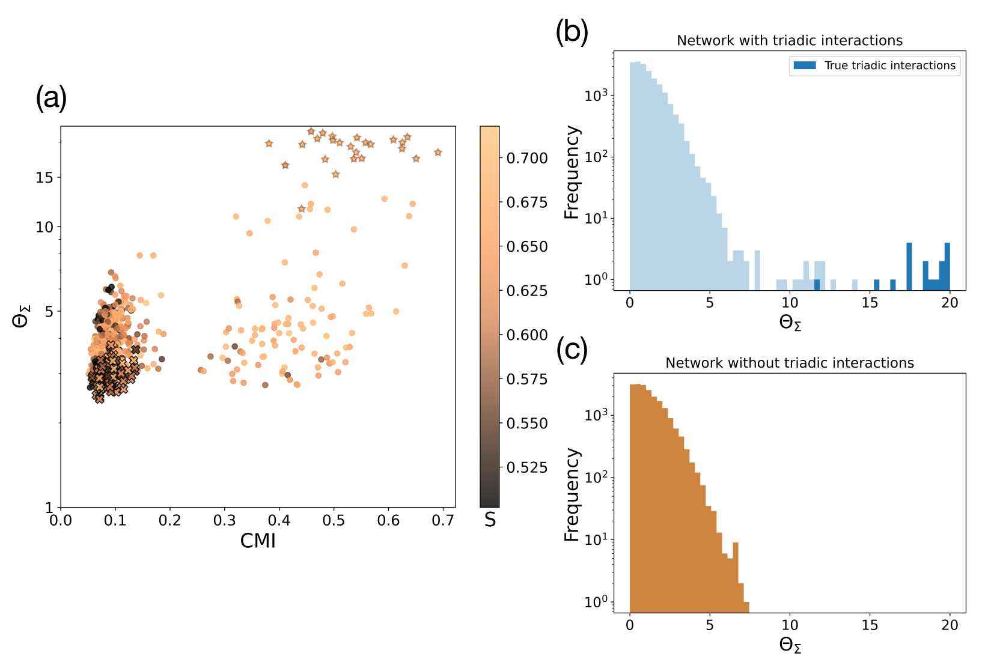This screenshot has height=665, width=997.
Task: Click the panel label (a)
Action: [51, 98]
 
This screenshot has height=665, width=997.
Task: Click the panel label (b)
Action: [572, 31]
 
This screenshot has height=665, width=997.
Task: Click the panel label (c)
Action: [572, 350]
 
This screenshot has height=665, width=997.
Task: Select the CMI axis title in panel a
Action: [258, 541]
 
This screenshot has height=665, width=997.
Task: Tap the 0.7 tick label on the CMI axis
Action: [443, 520]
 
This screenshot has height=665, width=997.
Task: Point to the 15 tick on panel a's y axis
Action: [44, 177]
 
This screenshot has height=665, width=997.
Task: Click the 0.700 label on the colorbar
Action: [527, 158]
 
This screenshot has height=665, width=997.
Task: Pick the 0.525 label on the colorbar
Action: [527, 467]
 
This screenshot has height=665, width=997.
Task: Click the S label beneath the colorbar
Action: [490, 520]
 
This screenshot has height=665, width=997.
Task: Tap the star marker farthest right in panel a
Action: [438, 153]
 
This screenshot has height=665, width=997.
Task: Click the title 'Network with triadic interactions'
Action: [789, 40]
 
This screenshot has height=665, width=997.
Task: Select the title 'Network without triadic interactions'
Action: [789, 363]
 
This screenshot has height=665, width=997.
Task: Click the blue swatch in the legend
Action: [805, 65]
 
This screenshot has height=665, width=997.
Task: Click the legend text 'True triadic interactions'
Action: [889, 65]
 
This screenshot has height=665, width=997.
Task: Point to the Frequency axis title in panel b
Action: [572, 172]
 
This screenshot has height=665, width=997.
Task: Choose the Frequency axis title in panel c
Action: [572, 494]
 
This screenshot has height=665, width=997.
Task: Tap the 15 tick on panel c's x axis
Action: [870, 625]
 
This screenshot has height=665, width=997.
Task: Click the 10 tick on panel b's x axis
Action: [790, 302]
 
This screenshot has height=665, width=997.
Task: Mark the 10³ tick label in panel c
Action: [596, 415]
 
